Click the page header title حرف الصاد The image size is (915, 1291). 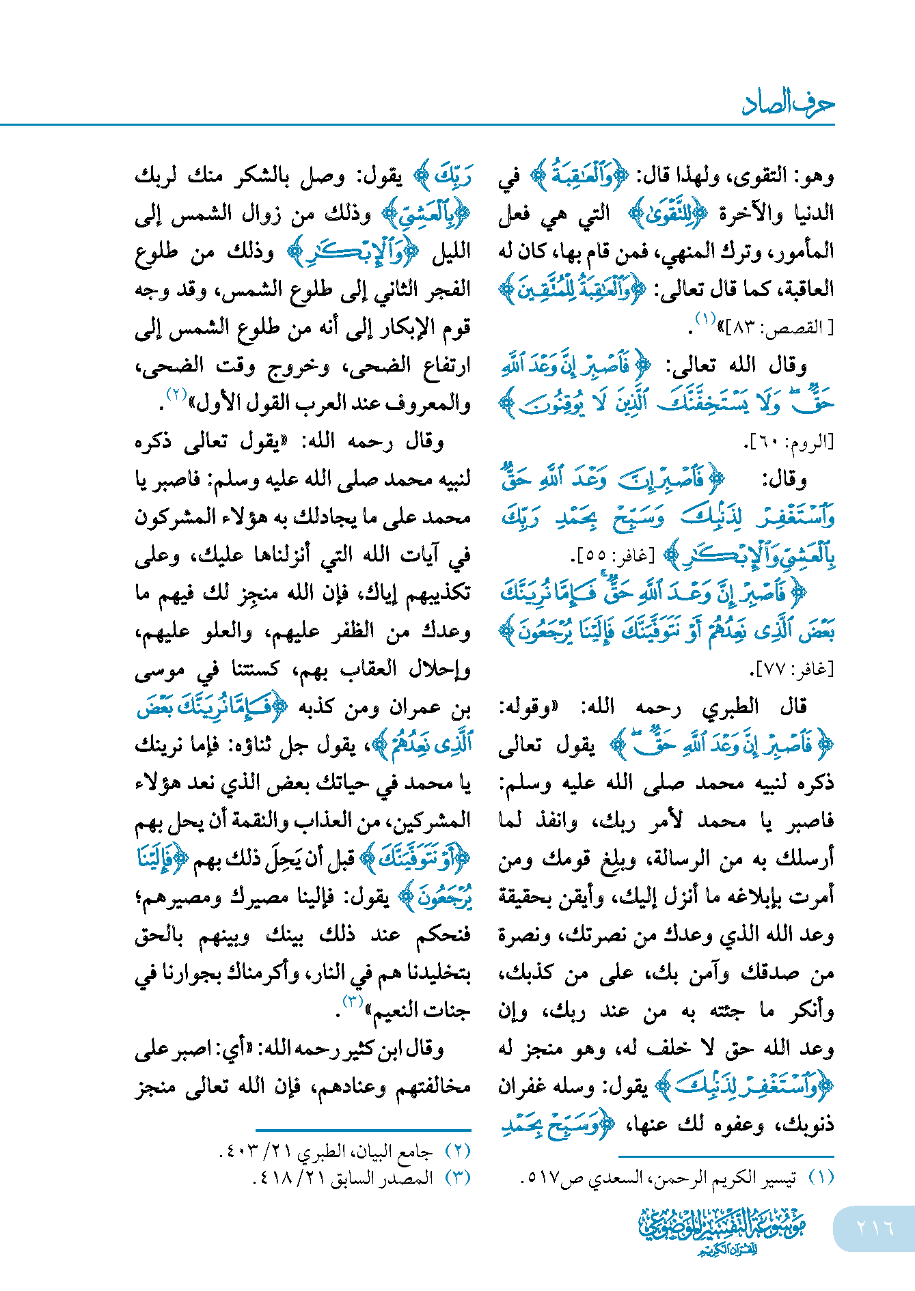pos(788,103)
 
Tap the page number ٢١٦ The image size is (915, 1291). pos(875,1227)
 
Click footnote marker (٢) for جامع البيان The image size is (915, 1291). pos(458,1151)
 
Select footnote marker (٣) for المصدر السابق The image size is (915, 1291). pos(458,1178)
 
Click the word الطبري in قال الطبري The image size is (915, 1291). pos(730,706)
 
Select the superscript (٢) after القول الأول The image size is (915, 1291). pos(176,395)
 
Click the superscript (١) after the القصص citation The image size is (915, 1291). pos(705,318)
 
